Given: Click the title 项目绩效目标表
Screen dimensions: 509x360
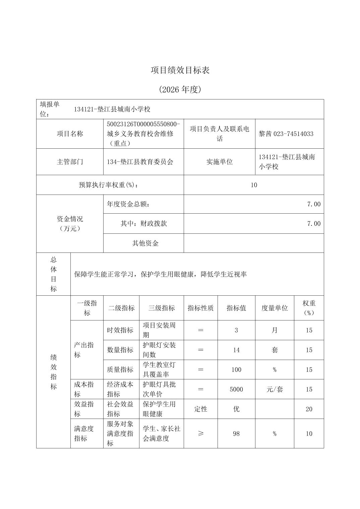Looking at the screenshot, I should pos(180,70).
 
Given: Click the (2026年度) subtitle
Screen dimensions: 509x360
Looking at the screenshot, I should pos(180,89).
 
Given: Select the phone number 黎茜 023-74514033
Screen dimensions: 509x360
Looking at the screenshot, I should pos(286,134).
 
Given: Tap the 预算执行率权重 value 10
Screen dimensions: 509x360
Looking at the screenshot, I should pos(254,185).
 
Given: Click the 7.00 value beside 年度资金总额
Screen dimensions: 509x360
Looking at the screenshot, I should pos(314,204).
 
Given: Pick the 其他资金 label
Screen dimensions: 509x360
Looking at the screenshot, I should pos(145,243).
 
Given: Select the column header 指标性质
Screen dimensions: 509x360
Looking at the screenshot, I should pos(200,308).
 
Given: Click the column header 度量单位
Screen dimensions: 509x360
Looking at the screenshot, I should pos(275,308).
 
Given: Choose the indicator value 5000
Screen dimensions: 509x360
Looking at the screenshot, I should pos(236,389).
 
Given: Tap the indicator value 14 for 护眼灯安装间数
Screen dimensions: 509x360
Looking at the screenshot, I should pos(236,350).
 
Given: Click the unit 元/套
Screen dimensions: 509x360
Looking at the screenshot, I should pos(275,389).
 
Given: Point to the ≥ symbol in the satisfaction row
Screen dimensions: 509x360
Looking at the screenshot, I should pos(200,434).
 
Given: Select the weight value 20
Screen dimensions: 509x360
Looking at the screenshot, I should pos(309,409).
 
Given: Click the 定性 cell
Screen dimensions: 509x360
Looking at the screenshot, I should pos(200,409).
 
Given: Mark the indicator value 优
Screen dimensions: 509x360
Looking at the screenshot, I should pos(236,409).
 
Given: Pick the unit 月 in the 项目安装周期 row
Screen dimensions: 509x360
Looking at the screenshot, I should pos(275,330).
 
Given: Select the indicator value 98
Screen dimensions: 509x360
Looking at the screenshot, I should pos(236,434).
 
